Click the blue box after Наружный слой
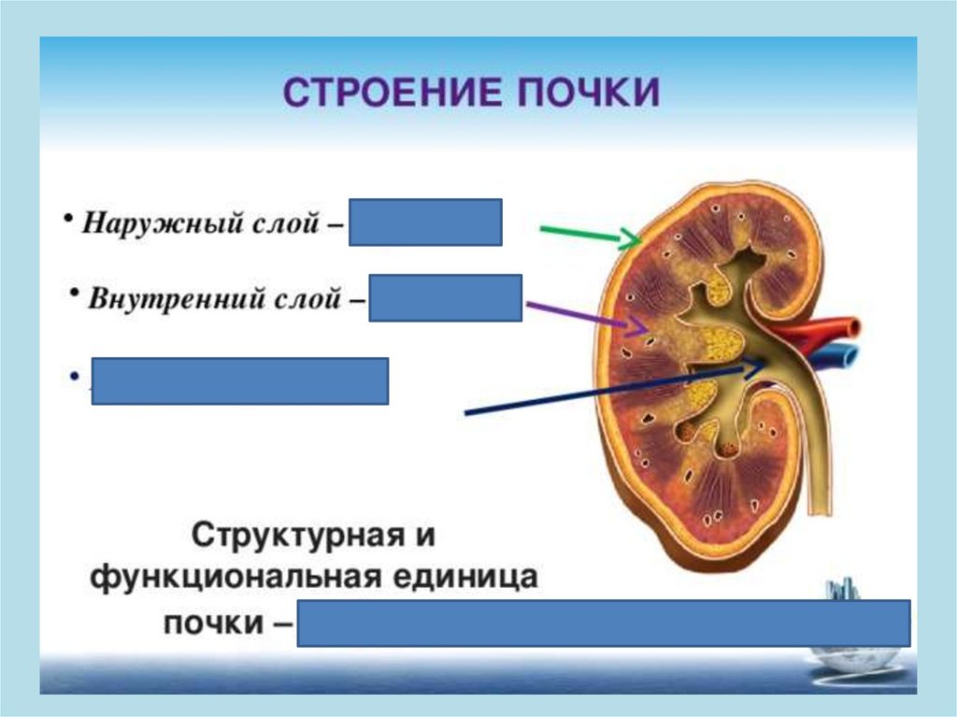click(425, 222)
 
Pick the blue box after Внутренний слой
click(445, 297)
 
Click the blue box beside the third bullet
click(239, 380)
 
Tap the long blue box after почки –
click(604, 624)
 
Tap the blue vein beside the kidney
click(840, 356)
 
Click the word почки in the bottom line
click(215, 622)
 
